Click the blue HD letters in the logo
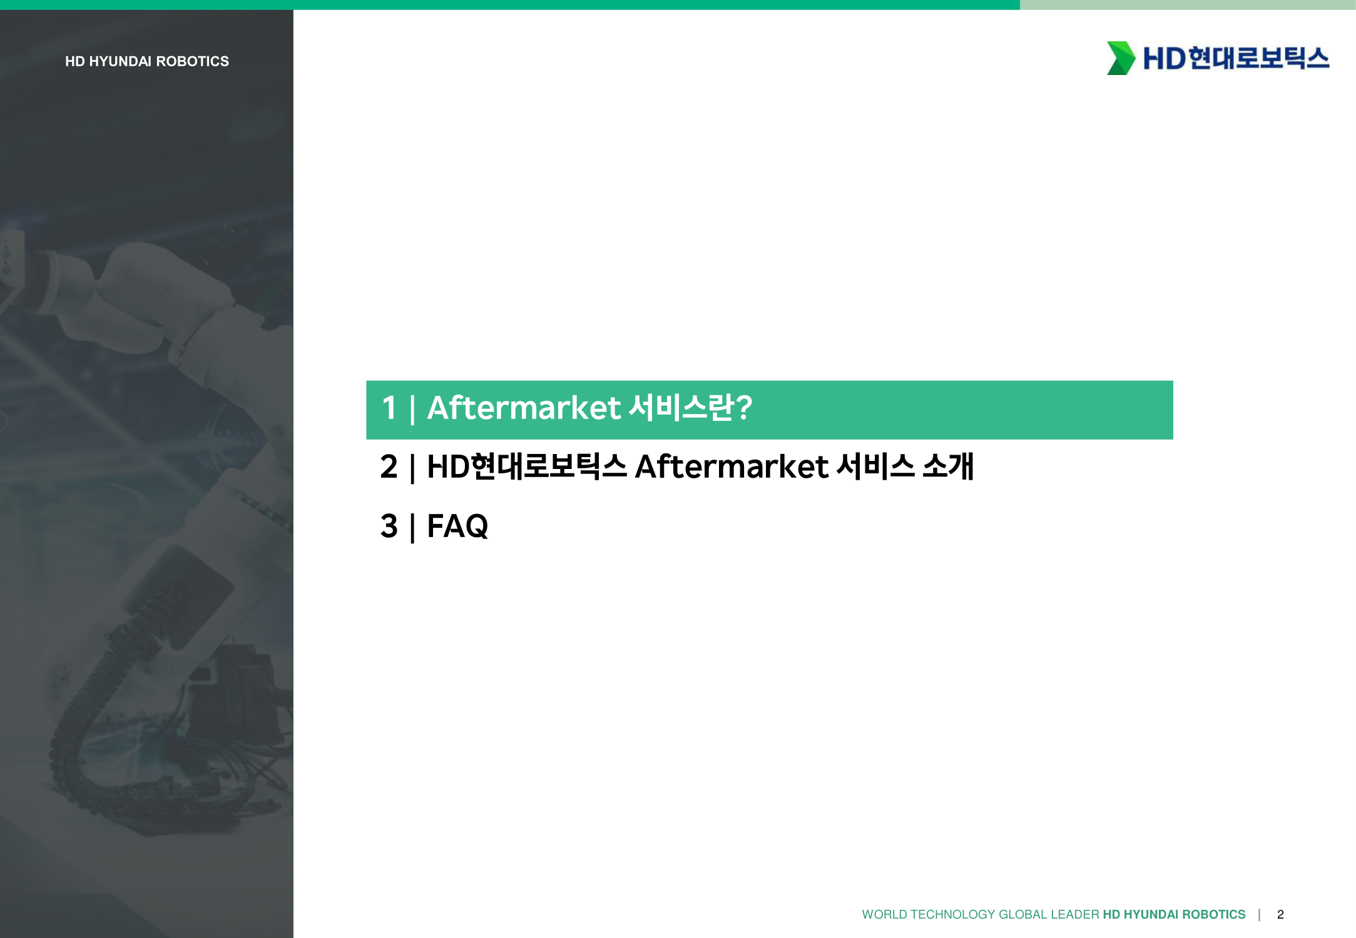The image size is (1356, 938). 1164,59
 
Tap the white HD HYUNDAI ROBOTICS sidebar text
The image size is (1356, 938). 147,61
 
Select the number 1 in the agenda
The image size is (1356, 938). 389,408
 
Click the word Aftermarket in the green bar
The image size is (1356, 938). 524,408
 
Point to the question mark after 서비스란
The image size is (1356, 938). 743,408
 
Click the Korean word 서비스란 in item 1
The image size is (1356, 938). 681,407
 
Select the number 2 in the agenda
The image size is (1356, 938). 389,466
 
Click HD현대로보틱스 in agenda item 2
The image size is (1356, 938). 526,466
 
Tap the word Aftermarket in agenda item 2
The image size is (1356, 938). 732,466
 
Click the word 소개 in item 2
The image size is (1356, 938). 948,466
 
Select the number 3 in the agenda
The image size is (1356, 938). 389,526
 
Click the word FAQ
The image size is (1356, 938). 457,526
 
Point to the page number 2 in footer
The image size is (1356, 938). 1280,914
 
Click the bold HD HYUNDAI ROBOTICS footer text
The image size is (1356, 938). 1174,914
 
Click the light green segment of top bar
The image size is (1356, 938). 1188,4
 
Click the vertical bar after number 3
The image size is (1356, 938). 412,527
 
